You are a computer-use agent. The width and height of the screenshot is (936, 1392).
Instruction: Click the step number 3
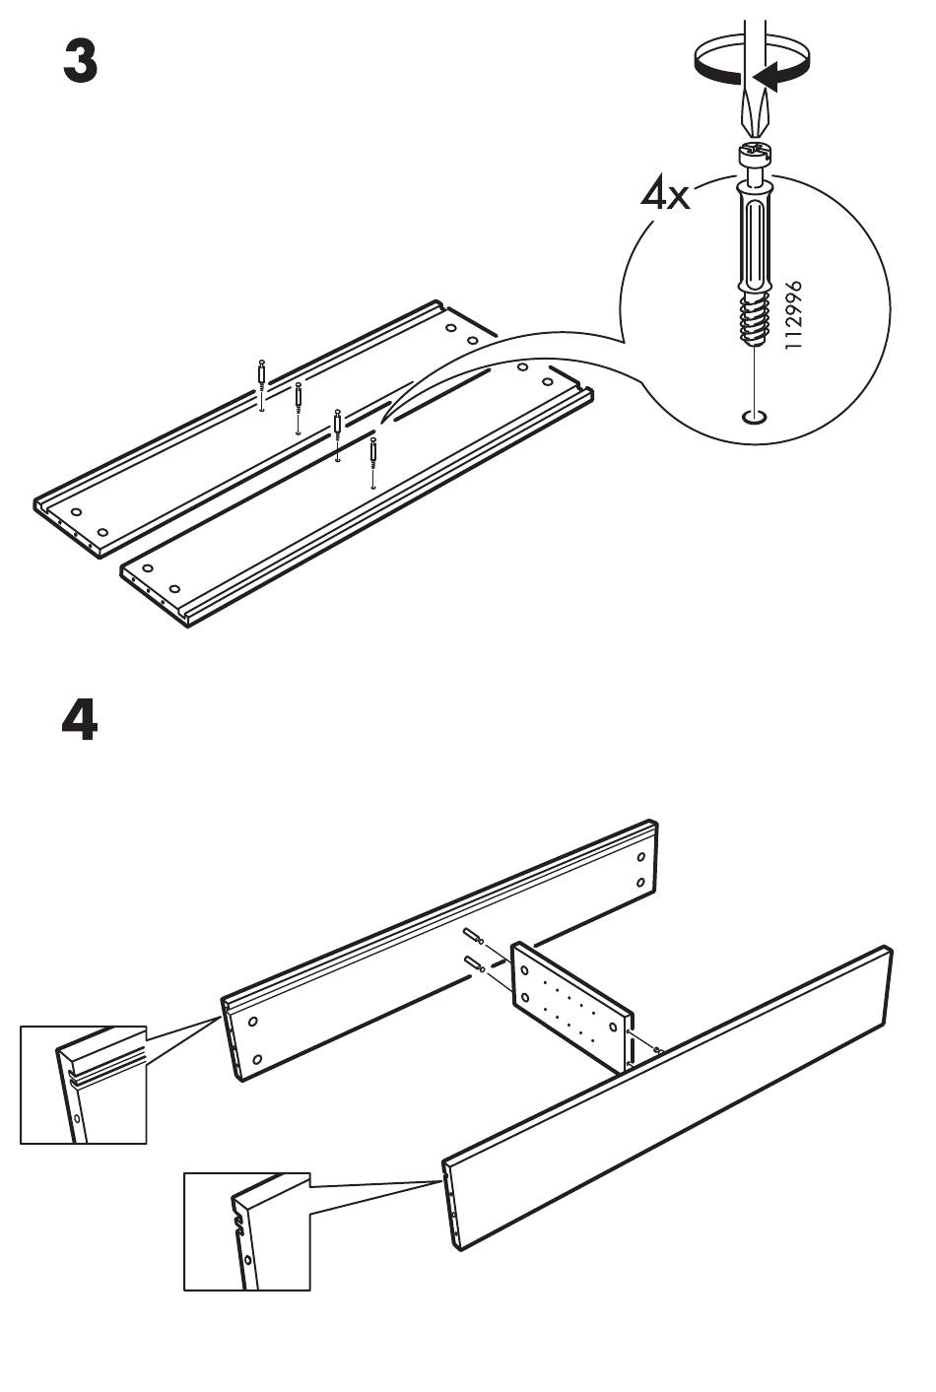pyautogui.click(x=81, y=61)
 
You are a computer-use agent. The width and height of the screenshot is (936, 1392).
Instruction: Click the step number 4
pyautogui.click(x=80, y=719)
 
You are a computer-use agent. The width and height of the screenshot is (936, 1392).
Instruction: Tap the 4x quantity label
pyautogui.click(x=665, y=194)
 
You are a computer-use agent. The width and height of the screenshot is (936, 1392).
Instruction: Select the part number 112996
pyautogui.click(x=794, y=314)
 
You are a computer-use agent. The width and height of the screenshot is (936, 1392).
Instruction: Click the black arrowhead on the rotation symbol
pyautogui.click(x=767, y=77)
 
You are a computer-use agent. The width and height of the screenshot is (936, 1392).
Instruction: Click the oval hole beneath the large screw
pyautogui.click(x=754, y=418)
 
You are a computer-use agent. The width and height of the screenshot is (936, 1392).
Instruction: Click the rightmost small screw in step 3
pyautogui.click(x=372, y=453)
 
